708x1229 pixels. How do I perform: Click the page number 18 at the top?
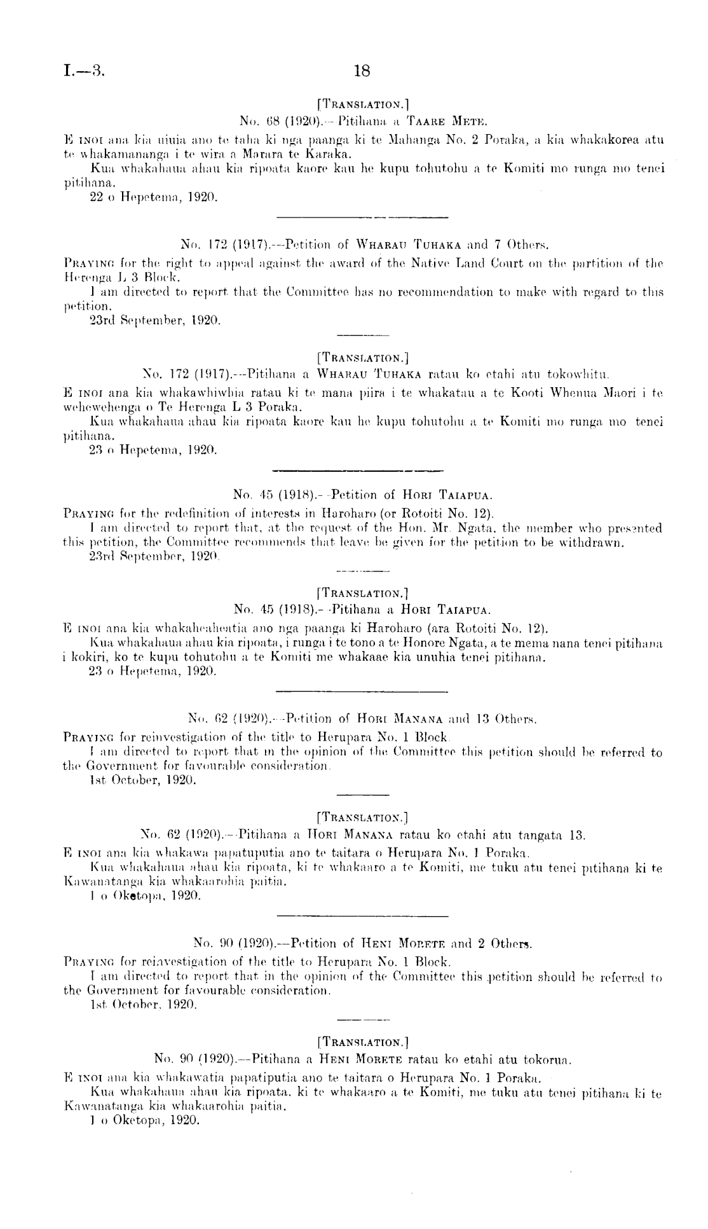361,71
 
